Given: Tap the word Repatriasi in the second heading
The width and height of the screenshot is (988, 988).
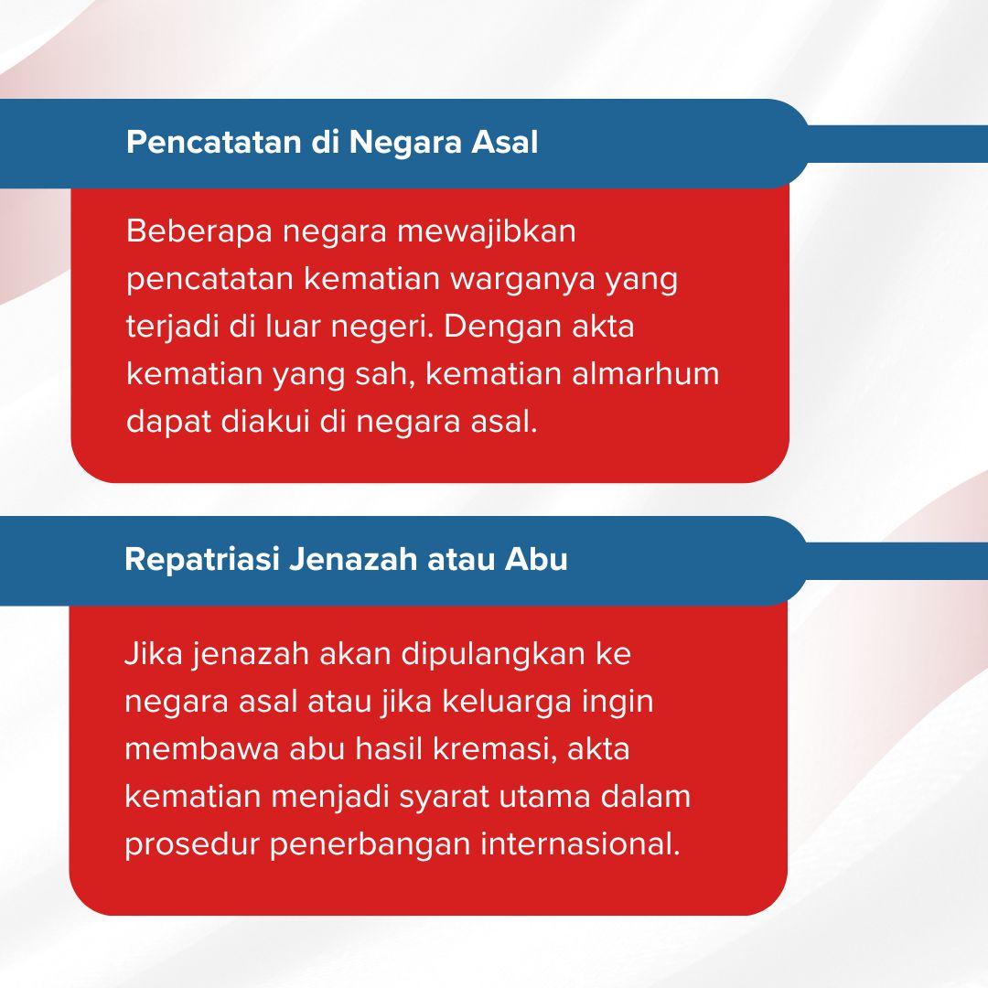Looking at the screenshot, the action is tap(201, 559).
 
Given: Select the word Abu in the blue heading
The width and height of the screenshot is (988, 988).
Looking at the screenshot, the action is tap(536, 559).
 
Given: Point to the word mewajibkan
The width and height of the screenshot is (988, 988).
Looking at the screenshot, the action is tap(486, 231).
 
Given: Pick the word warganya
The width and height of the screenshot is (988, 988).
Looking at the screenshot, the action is tap(522, 280).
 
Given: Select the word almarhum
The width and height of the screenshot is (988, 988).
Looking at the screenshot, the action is tap(645, 373).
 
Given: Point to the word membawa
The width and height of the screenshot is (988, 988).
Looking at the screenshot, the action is tap(201, 749).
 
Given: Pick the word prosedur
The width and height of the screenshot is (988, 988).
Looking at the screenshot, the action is tap(192, 844).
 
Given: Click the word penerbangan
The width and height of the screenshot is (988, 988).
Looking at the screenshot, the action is tap(370, 844).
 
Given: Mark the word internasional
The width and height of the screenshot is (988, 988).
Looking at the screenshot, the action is tap(580, 844).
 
